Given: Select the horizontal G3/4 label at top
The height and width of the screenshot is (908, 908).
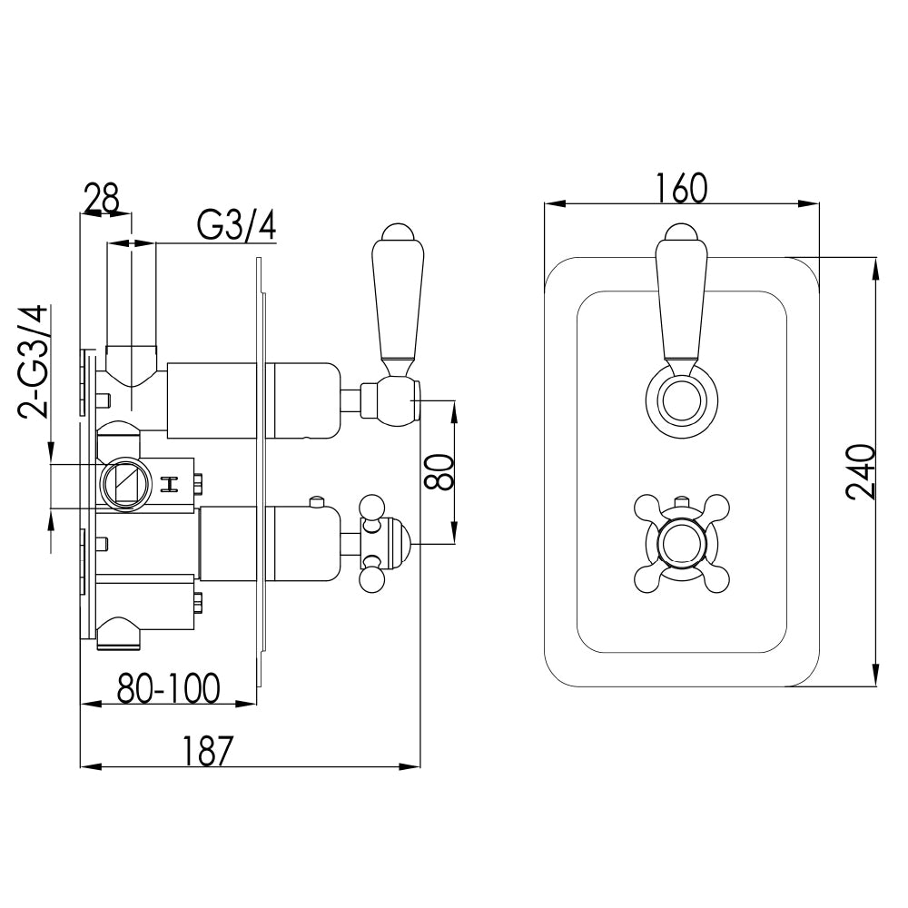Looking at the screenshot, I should coord(236,224).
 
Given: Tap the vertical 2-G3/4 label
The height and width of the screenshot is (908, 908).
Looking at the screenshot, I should coord(35,360).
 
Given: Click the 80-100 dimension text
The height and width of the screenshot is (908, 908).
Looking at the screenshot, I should coord(168,689).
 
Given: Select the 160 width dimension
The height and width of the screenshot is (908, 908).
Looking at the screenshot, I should coord(680,188).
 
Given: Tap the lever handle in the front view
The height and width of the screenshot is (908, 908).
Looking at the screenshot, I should coord(681,300).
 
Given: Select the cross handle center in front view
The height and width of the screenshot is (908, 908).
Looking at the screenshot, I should coord(681,544).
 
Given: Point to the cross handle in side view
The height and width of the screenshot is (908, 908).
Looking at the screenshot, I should coord(377,544).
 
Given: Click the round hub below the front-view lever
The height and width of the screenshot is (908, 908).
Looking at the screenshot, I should coord(681,400).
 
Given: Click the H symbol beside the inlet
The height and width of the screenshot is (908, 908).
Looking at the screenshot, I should coord(168,484).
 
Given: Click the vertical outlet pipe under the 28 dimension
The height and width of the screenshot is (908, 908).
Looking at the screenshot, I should coord(133,300).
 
